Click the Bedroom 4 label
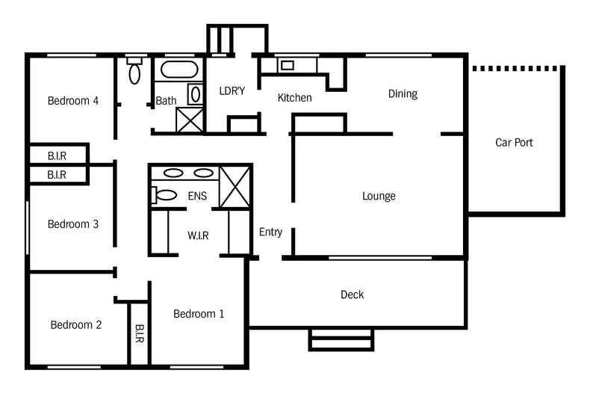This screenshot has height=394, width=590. tap(73, 101)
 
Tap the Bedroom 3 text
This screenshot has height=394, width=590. tap(73, 224)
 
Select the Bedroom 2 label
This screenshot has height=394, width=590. tap(75, 324)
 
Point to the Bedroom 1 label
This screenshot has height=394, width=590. tap(199, 314)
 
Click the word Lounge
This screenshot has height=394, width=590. tap(379, 197)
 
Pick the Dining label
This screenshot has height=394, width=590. tap(403, 94)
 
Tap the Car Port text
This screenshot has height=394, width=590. tap(514, 142)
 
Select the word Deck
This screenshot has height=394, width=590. tap(352, 295)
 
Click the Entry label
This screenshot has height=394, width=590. tap(270, 233)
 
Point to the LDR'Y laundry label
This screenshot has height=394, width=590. tap(232, 91)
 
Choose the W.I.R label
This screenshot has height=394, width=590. tap(198, 236)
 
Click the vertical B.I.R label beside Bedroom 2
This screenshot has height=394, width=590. tap(140, 333)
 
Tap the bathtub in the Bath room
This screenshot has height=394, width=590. tap(180, 71)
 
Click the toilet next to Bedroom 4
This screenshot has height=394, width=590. tap(134, 72)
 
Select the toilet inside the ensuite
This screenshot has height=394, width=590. tap(164, 196)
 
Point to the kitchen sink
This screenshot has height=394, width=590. tap(288, 65)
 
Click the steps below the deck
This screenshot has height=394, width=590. tap(341, 339)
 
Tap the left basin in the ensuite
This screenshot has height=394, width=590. tap(173, 173)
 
